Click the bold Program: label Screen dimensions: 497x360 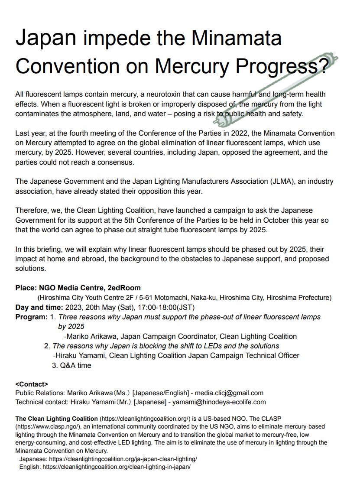[x=31, y=317]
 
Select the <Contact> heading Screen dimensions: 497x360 [x=32, y=384]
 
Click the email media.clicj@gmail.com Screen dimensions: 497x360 [x=229, y=393]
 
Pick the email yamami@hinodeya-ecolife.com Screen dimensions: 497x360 [x=219, y=402]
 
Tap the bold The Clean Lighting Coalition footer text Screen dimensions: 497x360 [x=56, y=419]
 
